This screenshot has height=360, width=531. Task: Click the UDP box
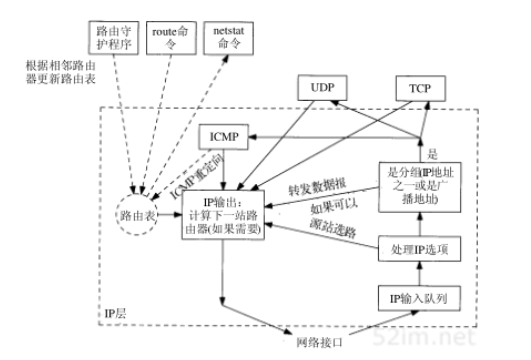pos(322,88)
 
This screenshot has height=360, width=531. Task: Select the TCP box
pos(420,88)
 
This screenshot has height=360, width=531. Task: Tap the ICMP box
pos(224,137)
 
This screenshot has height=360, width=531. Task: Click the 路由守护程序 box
pos(114,38)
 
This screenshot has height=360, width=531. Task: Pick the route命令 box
pos(171,38)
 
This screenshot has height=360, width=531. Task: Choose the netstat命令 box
pos(229,38)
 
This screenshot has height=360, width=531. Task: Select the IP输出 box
pos(223,215)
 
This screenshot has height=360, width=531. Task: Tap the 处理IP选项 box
pos(419,249)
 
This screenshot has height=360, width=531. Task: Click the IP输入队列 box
pos(419,298)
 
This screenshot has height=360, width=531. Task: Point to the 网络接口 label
pos(319,343)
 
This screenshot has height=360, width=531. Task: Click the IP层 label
pos(115,314)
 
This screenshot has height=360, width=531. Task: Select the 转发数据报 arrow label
pos(317,186)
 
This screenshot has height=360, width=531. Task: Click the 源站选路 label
pos(333,227)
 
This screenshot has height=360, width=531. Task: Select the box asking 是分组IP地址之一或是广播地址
pos(420,187)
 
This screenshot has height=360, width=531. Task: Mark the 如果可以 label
pos(334,207)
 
